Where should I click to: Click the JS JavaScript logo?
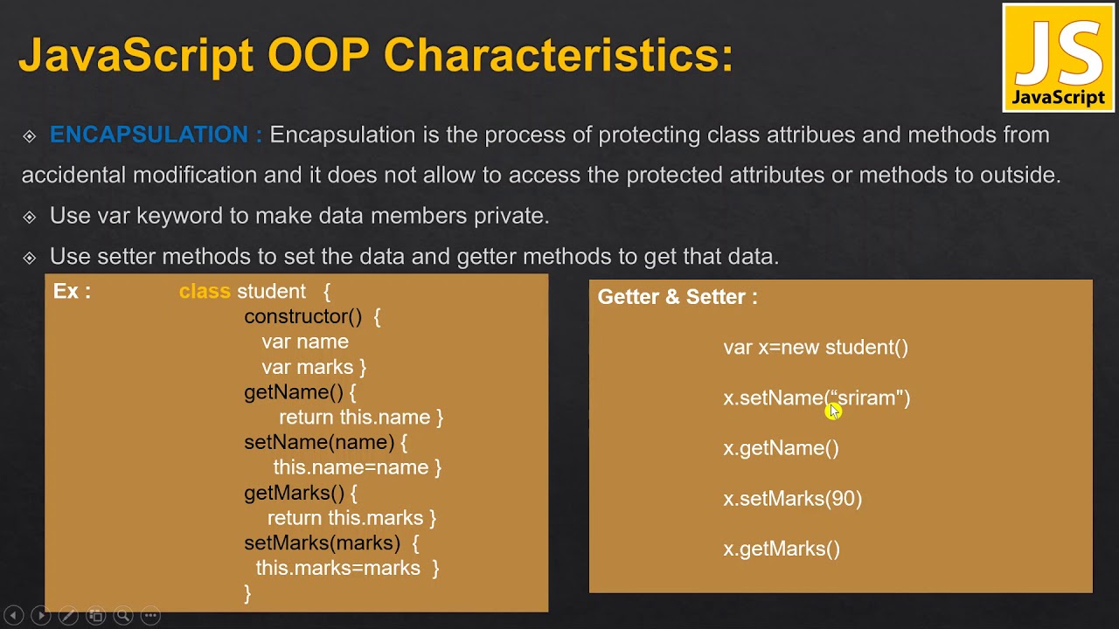coord(1058,58)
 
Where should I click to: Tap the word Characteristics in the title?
coord(558,54)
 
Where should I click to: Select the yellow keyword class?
coord(205,291)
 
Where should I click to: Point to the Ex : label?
coord(72,291)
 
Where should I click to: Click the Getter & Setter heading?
coord(678,297)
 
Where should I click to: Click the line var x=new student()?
coord(816,348)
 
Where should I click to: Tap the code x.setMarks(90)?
coord(792,499)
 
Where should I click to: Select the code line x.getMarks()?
coord(782,549)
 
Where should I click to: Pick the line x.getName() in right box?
coord(781,448)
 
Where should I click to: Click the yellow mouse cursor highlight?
coord(832,410)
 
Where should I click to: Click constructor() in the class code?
coord(302,316)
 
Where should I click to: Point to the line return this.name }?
coord(361,418)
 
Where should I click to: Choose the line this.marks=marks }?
coord(347,569)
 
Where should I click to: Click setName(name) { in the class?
coord(325,442)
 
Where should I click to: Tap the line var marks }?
coord(313,367)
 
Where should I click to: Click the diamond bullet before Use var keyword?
coord(30,217)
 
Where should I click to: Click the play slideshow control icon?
coord(40,615)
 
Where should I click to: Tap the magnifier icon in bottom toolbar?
coord(122,615)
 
